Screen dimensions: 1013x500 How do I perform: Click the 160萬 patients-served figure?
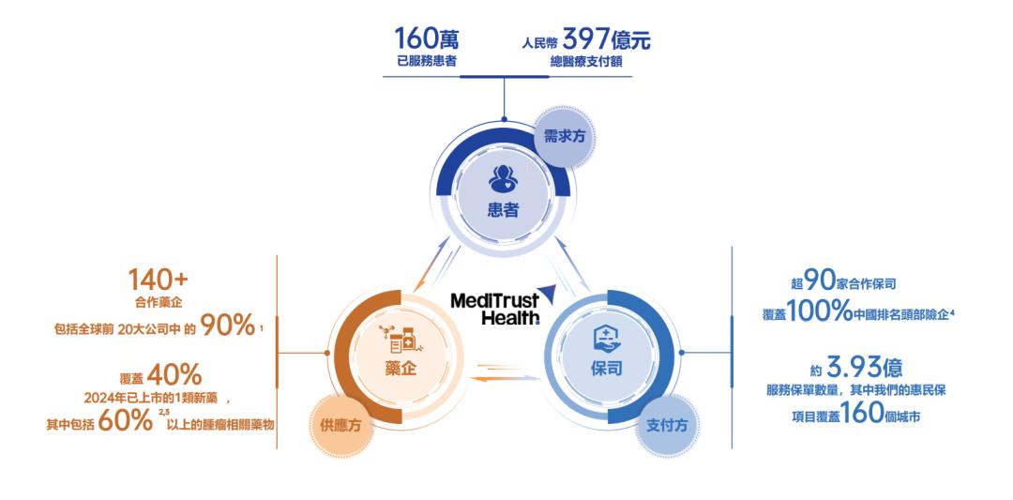(x=427, y=39)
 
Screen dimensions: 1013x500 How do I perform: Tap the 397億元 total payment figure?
(x=606, y=39)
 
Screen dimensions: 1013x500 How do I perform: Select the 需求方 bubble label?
(x=560, y=136)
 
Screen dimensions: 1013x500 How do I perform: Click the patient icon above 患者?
(x=504, y=179)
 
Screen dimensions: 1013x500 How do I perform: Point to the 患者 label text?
(x=504, y=210)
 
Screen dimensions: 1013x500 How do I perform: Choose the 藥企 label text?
(x=401, y=370)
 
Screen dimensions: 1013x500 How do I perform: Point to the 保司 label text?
(x=607, y=369)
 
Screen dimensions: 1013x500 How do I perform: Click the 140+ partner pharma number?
(x=158, y=280)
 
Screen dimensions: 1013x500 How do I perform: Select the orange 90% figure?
(x=227, y=326)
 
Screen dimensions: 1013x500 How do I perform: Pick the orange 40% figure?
(x=174, y=375)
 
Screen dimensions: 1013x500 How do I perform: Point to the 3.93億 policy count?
(x=865, y=368)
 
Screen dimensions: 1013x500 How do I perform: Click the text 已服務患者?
(x=427, y=63)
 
